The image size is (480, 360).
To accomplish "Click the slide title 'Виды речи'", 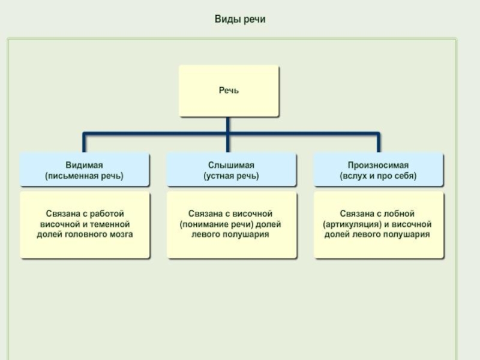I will click(x=240, y=19).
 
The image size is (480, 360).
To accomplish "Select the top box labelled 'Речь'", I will click(x=229, y=91).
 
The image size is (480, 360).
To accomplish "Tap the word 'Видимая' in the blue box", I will click(x=84, y=165).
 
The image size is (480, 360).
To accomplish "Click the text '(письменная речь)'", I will click(x=84, y=176).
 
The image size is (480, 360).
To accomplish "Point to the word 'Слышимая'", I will click(x=231, y=165).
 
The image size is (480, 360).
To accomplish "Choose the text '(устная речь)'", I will click(x=231, y=176).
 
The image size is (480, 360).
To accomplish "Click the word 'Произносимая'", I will click(x=378, y=165).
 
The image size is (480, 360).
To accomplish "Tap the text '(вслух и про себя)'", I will click(x=378, y=176).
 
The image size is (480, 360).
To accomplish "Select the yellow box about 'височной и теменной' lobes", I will click(x=85, y=225).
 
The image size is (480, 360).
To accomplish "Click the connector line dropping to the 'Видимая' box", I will click(x=84, y=143).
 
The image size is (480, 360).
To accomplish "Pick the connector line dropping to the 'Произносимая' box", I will click(x=378, y=143).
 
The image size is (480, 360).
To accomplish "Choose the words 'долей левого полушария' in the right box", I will click(x=378, y=234).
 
